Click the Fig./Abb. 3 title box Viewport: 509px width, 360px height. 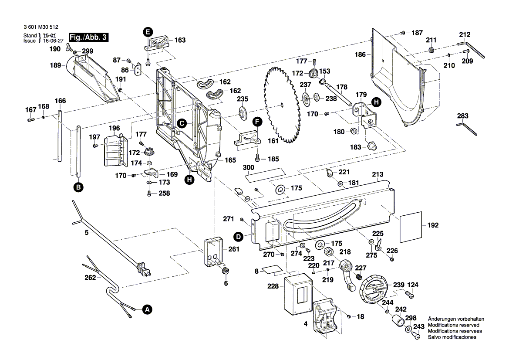tap(89, 37)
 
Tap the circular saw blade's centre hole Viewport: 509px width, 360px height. tap(282, 104)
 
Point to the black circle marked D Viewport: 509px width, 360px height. tap(238, 237)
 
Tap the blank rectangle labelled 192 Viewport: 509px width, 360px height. tap(411, 226)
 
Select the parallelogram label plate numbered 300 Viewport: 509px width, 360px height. tap(263, 175)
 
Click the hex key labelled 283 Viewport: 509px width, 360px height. tap(467, 128)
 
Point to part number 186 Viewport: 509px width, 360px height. tap(360, 55)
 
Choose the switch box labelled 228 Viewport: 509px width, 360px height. tap(296, 296)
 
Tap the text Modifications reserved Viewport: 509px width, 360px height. tap(453, 325)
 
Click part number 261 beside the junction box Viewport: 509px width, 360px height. tap(234, 249)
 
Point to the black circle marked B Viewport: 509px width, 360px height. tap(78, 187)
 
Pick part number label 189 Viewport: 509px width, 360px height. tap(55, 65)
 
